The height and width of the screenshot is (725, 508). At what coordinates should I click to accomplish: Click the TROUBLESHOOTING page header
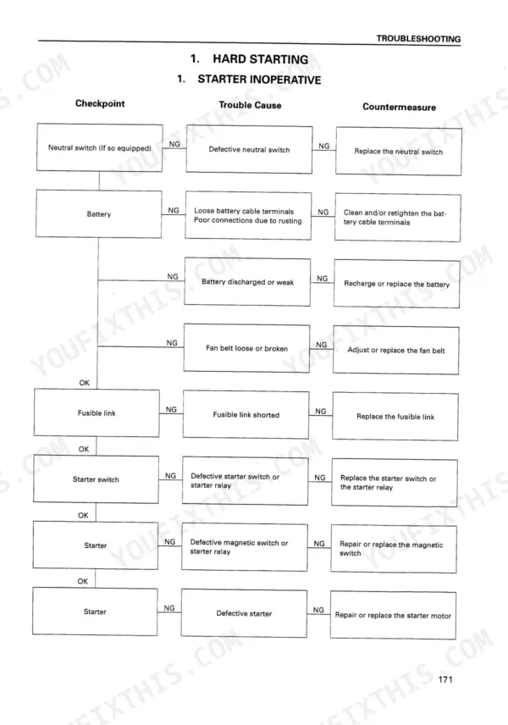pyautogui.click(x=418, y=39)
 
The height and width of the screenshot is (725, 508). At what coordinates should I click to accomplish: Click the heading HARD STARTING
pyautogui.click(x=260, y=59)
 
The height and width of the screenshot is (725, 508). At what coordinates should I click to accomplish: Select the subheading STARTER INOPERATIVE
pyautogui.click(x=259, y=80)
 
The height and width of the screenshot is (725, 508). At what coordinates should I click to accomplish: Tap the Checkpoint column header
pyautogui.click(x=100, y=103)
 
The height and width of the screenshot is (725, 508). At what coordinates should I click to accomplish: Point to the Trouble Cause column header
pyautogui.click(x=250, y=105)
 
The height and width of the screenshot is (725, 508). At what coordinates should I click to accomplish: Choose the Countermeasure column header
pyautogui.click(x=399, y=107)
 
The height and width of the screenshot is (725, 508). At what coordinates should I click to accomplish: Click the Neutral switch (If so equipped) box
pyautogui.click(x=99, y=147)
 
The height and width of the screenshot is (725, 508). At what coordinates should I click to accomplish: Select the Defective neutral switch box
pyautogui.click(x=249, y=149)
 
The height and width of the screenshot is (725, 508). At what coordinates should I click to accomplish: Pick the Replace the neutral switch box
pyautogui.click(x=399, y=152)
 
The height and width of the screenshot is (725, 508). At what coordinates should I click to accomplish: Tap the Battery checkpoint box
pyautogui.click(x=99, y=213)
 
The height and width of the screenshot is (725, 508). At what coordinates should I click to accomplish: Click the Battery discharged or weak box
pyautogui.click(x=247, y=281)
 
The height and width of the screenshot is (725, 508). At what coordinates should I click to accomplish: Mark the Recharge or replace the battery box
pyautogui.click(x=396, y=284)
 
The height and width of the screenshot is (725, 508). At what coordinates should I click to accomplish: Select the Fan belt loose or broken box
pyautogui.click(x=247, y=348)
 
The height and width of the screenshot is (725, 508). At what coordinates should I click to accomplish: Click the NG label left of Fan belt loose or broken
pyautogui.click(x=172, y=343)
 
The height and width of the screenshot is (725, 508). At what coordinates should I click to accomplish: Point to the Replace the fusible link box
pyautogui.click(x=395, y=416)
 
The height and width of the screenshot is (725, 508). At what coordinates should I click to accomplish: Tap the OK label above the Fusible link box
pyautogui.click(x=84, y=382)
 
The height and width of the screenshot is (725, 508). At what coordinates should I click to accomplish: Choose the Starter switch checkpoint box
pyautogui.click(x=96, y=479)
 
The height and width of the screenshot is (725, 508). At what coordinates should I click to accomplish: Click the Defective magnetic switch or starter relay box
pyautogui.click(x=245, y=547)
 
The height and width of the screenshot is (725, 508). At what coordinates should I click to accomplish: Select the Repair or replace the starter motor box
pyautogui.click(x=393, y=615)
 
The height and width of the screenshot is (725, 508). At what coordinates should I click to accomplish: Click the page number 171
pyautogui.click(x=445, y=679)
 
